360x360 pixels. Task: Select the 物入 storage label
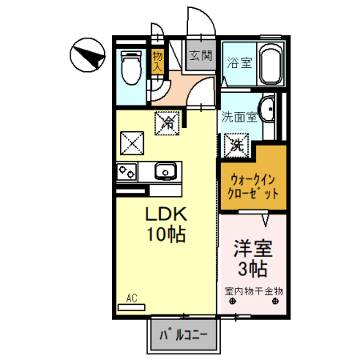point(157,62)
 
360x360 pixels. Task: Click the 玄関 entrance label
point(200,56)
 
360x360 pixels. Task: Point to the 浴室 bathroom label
point(238,62)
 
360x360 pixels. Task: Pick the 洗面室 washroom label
point(239,115)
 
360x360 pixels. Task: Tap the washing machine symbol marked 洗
point(237,145)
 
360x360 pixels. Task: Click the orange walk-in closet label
point(254,186)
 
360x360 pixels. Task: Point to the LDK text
point(166,214)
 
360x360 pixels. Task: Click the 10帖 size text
point(166,235)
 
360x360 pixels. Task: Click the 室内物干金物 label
point(254,291)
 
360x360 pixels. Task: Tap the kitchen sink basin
point(166,170)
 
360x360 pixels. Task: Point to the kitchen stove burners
point(127,170)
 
